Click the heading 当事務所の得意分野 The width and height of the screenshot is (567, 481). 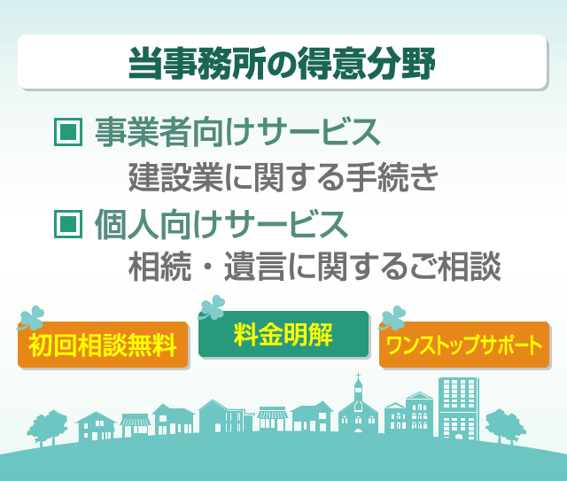(x=282, y=63)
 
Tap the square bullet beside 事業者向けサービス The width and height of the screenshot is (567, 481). (x=68, y=132)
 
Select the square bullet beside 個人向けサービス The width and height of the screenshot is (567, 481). (x=68, y=224)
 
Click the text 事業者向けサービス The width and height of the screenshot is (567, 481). (x=237, y=132)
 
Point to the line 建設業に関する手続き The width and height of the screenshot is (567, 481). (x=283, y=177)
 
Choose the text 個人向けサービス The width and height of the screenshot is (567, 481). (x=221, y=224)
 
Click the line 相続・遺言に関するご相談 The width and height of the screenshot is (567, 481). (x=315, y=267)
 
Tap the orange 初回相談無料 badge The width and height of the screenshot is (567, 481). (x=103, y=345)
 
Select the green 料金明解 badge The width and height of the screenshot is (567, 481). (x=283, y=334)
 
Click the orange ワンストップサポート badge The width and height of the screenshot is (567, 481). (x=464, y=345)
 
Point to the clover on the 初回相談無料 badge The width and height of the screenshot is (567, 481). (x=32, y=318)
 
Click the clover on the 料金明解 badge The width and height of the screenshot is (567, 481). (x=212, y=307)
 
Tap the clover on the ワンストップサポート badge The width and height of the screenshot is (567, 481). (x=392, y=318)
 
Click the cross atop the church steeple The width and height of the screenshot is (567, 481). (x=358, y=376)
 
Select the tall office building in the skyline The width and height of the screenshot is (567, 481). (x=459, y=408)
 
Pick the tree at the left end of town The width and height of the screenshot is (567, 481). (x=48, y=428)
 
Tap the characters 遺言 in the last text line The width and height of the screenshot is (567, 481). (x=254, y=267)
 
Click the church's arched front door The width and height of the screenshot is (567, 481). (x=358, y=431)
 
